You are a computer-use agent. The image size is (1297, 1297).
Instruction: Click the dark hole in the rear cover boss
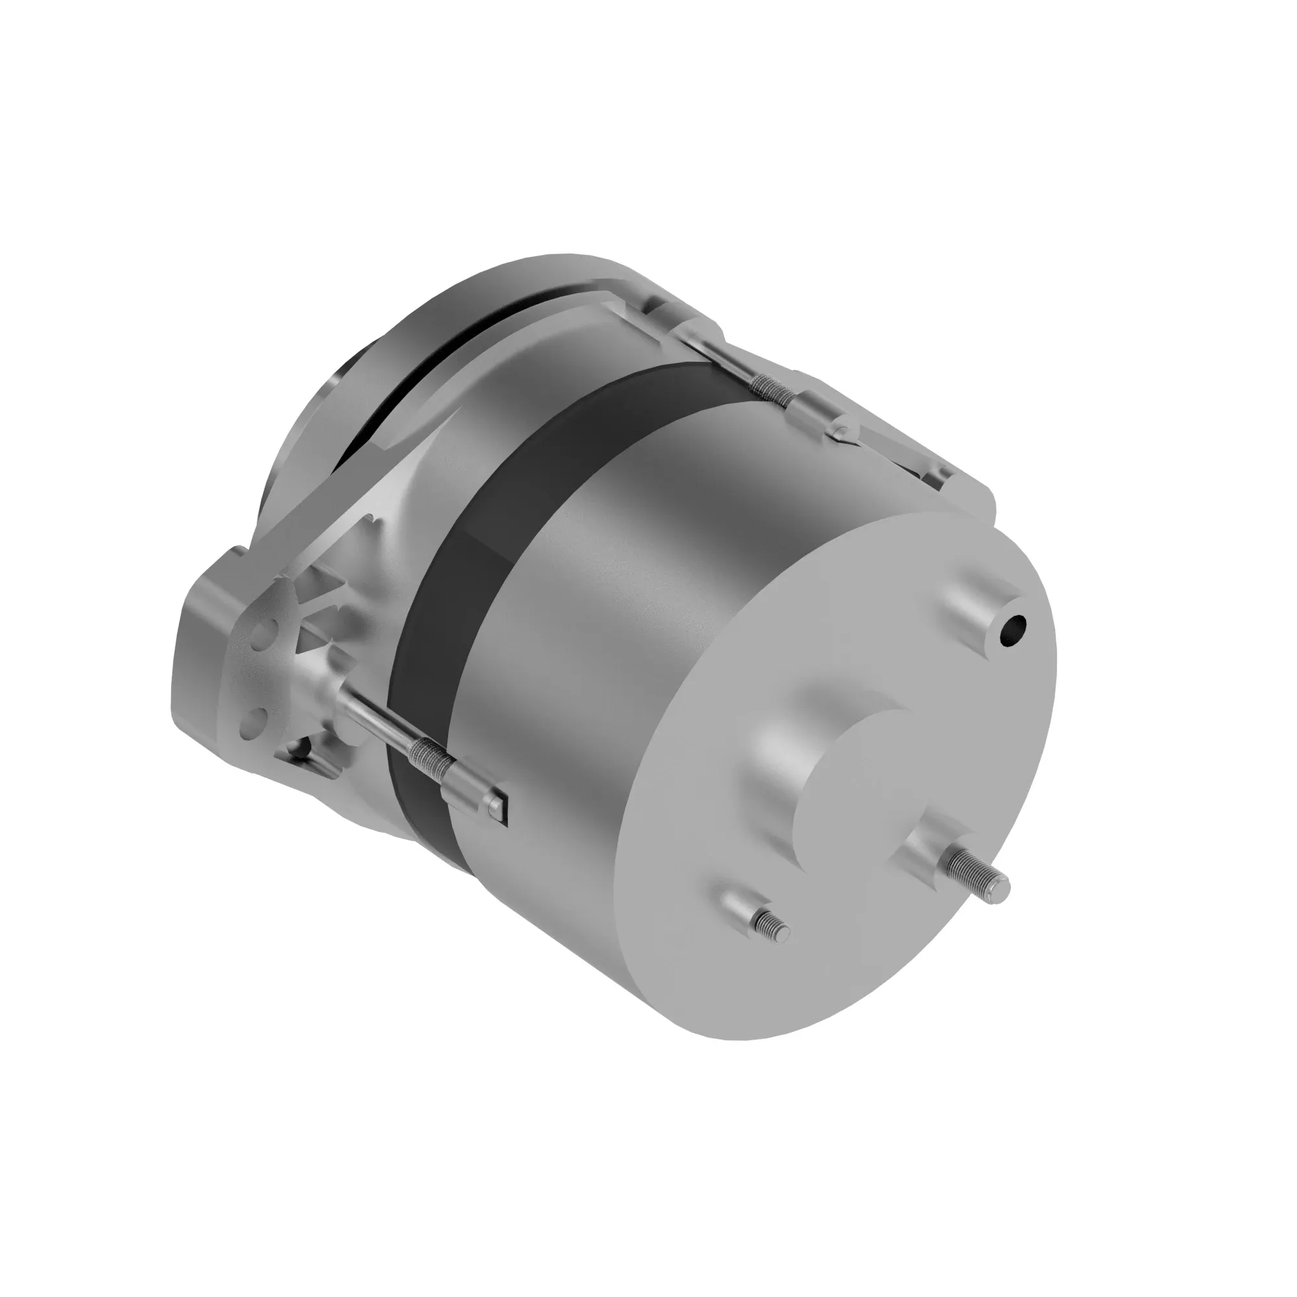point(1012,630)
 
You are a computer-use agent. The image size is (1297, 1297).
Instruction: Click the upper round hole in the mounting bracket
point(263,631)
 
